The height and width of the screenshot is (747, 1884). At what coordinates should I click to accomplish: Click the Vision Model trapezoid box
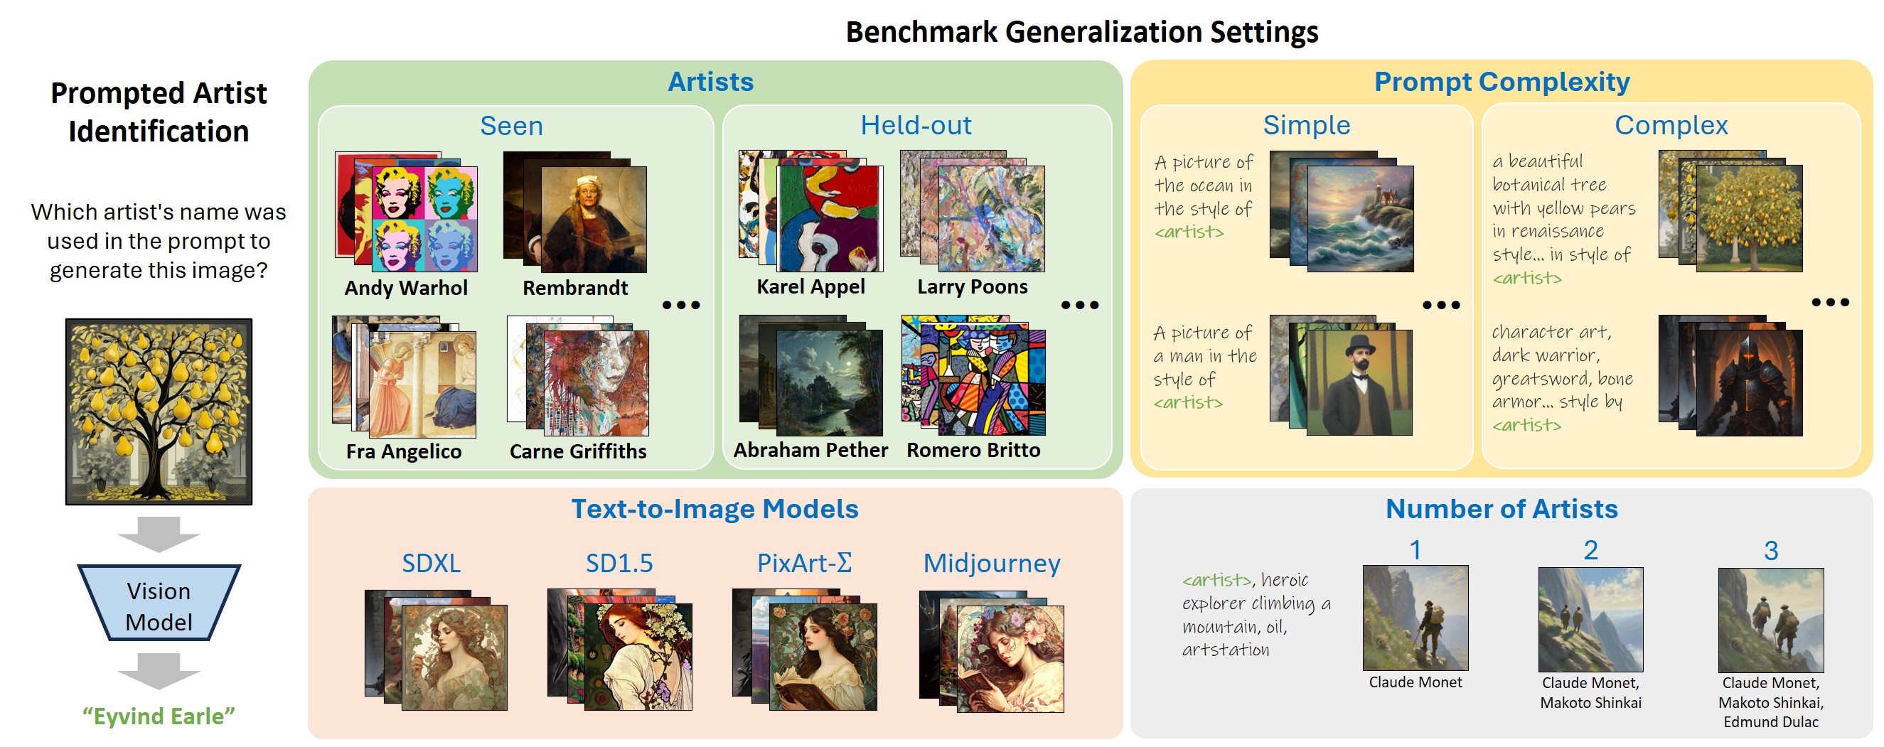click(159, 603)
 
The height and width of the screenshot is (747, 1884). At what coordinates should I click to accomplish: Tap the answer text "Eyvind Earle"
click(159, 716)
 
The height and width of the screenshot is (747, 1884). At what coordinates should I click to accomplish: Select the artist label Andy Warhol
click(406, 288)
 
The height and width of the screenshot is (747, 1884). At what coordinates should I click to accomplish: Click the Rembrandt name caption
click(575, 288)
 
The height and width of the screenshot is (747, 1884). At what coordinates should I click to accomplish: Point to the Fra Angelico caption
click(404, 452)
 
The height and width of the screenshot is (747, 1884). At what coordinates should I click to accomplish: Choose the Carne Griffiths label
click(578, 452)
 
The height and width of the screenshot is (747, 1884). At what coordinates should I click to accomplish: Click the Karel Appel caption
click(810, 287)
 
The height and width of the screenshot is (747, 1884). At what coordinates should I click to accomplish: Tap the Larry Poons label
click(972, 286)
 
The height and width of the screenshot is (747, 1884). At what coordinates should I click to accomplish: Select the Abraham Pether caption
click(810, 450)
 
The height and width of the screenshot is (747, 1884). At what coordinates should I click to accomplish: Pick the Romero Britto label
click(973, 450)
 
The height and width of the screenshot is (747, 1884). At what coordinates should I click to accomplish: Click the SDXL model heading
click(432, 564)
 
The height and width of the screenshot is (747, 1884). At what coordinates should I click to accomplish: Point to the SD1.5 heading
click(619, 564)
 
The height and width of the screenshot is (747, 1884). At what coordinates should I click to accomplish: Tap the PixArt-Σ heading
click(805, 564)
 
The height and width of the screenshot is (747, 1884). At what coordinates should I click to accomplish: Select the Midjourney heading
click(992, 564)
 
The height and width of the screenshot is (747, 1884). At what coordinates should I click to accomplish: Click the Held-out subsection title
click(916, 125)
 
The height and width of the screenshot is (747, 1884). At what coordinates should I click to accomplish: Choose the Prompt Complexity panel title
click(1502, 82)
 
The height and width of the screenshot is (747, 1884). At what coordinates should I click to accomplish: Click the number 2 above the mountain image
click(1590, 550)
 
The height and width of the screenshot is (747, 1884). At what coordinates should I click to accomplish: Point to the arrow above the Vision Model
click(159, 534)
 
